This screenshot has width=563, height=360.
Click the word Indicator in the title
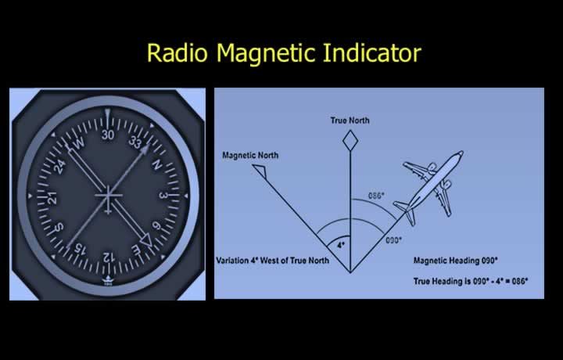click(372, 52)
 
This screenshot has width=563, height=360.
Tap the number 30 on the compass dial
click(108, 135)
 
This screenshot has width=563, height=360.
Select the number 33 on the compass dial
click(135, 142)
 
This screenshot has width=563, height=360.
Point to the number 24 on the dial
click(59, 167)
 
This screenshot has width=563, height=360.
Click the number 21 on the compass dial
click(52, 198)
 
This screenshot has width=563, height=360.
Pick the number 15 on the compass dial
click(80, 249)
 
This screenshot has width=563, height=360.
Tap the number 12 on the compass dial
click(108, 257)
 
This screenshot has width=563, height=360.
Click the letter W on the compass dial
click(79, 142)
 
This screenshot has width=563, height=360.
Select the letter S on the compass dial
click(59, 228)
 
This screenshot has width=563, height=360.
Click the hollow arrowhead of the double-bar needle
click(147, 240)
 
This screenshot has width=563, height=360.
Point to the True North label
click(350, 121)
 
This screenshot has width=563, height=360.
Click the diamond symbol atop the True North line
click(350, 141)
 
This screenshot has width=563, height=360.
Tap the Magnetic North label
click(250, 155)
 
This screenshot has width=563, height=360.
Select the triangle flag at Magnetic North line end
click(261, 171)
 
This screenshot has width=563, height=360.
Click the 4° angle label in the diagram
click(341, 246)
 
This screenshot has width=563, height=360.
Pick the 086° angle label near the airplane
click(376, 196)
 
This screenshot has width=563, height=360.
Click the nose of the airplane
click(461, 153)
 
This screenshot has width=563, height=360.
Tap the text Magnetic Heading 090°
click(456, 261)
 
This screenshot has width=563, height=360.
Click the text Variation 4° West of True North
click(273, 261)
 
